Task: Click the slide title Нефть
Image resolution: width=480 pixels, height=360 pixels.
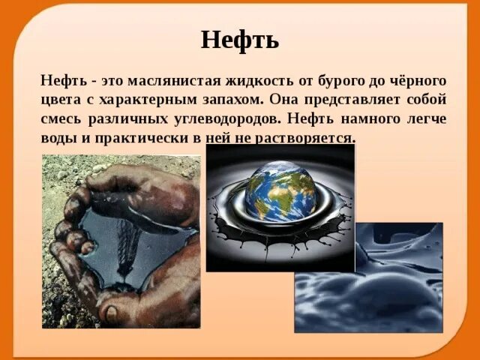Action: click(240, 39)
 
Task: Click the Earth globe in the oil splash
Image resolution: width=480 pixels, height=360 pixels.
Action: click(280, 193)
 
